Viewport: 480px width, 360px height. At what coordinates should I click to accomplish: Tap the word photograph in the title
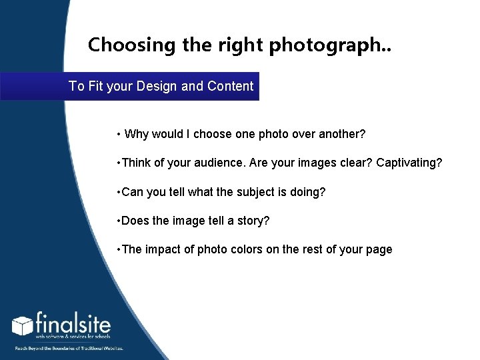point(309,45)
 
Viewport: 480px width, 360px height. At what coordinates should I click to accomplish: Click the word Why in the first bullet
point(137,134)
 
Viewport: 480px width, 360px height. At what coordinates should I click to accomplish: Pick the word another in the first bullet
point(341,134)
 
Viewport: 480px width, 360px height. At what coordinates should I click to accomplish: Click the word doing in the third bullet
point(308,192)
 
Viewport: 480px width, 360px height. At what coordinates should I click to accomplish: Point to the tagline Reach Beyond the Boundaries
point(68,347)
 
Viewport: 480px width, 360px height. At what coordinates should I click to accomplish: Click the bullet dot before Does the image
point(117,221)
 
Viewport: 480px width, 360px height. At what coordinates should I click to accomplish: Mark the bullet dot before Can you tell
point(117,192)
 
